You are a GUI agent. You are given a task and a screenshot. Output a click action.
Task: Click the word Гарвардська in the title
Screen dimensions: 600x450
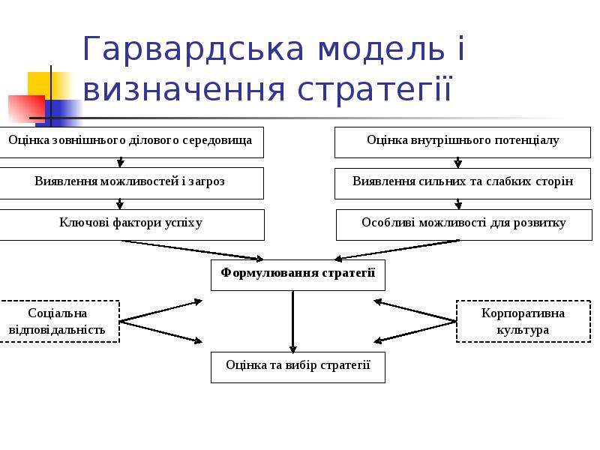pyautogui.click(x=193, y=49)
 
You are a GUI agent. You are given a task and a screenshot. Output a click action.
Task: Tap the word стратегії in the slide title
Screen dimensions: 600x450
pyautogui.click(x=374, y=89)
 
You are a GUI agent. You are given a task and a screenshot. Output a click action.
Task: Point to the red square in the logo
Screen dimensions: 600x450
pyautogui.click(x=27, y=109)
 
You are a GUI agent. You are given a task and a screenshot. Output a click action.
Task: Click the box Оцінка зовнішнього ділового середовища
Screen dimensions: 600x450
pyautogui.click(x=131, y=142)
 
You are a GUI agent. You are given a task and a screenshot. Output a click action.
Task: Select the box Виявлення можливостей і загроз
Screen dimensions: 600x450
pyautogui.click(x=131, y=183)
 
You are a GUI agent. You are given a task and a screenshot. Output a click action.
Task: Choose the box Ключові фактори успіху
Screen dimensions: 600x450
pyautogui.click(x=132, y=225)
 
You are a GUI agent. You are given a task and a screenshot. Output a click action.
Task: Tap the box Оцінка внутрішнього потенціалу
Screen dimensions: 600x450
pyautogui.click(x=463, y=142)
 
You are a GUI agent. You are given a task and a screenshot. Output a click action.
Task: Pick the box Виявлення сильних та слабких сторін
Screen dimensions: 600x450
pyautogui.click(x=463, y=184)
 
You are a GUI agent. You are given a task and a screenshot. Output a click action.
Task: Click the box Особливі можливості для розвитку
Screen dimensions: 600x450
pyautogui.click(x=464, y=225)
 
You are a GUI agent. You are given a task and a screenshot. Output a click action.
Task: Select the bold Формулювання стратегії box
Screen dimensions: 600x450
pyautogui.click(x=298, y=275)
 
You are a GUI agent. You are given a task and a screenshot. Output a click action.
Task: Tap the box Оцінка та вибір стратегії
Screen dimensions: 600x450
pyautogui.click(x=298, y=367)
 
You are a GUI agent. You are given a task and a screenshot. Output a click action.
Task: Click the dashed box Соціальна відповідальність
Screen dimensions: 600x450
pyautogui.click(x=59, y=322)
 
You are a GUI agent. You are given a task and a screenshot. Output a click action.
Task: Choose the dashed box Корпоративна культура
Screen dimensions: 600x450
pyautogui.click(x=523, y=322)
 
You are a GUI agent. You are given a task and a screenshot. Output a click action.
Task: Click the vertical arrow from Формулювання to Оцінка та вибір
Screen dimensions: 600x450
pyautogui.click(x=293, y=322)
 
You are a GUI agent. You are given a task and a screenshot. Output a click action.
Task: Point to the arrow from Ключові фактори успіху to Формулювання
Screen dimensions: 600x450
pyautogui.click(x=193, y=250)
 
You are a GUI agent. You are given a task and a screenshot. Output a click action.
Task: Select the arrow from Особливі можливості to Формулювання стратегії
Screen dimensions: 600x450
pyautogui.click(x=397, y=250)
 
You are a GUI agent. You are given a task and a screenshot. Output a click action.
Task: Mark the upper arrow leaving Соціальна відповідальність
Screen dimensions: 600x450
pyautogui.click(x=160, y=311)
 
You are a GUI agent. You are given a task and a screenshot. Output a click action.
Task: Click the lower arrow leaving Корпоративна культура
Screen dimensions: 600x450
pyautogui.click(x=415, y=331)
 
